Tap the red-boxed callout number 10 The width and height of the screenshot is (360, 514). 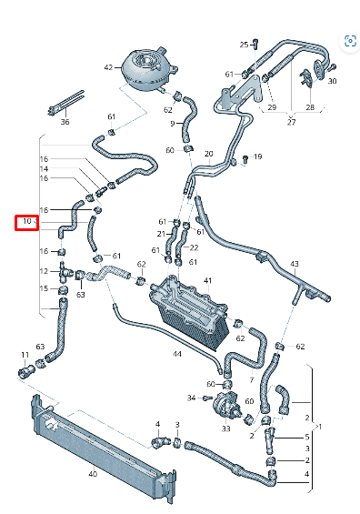(x=27, y=221)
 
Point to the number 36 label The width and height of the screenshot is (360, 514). (x=65, y=121)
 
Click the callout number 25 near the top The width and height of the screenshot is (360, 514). (x=244, y=44)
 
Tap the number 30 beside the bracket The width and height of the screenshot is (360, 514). (x=332, y=81)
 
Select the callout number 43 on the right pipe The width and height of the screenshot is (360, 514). (x=294, y=264)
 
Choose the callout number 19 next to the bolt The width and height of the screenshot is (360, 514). (x=257, y=157)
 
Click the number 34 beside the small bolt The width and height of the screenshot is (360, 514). (x=189, y=398)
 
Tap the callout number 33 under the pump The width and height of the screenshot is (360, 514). (x=225, y=428)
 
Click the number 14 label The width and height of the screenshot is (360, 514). (x=44, y=169)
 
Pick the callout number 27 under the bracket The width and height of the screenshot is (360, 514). (x=290, y=121)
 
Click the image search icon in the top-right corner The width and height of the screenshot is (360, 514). (x=347, y=41)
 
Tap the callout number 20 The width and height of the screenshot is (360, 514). (x=209, y=153)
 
